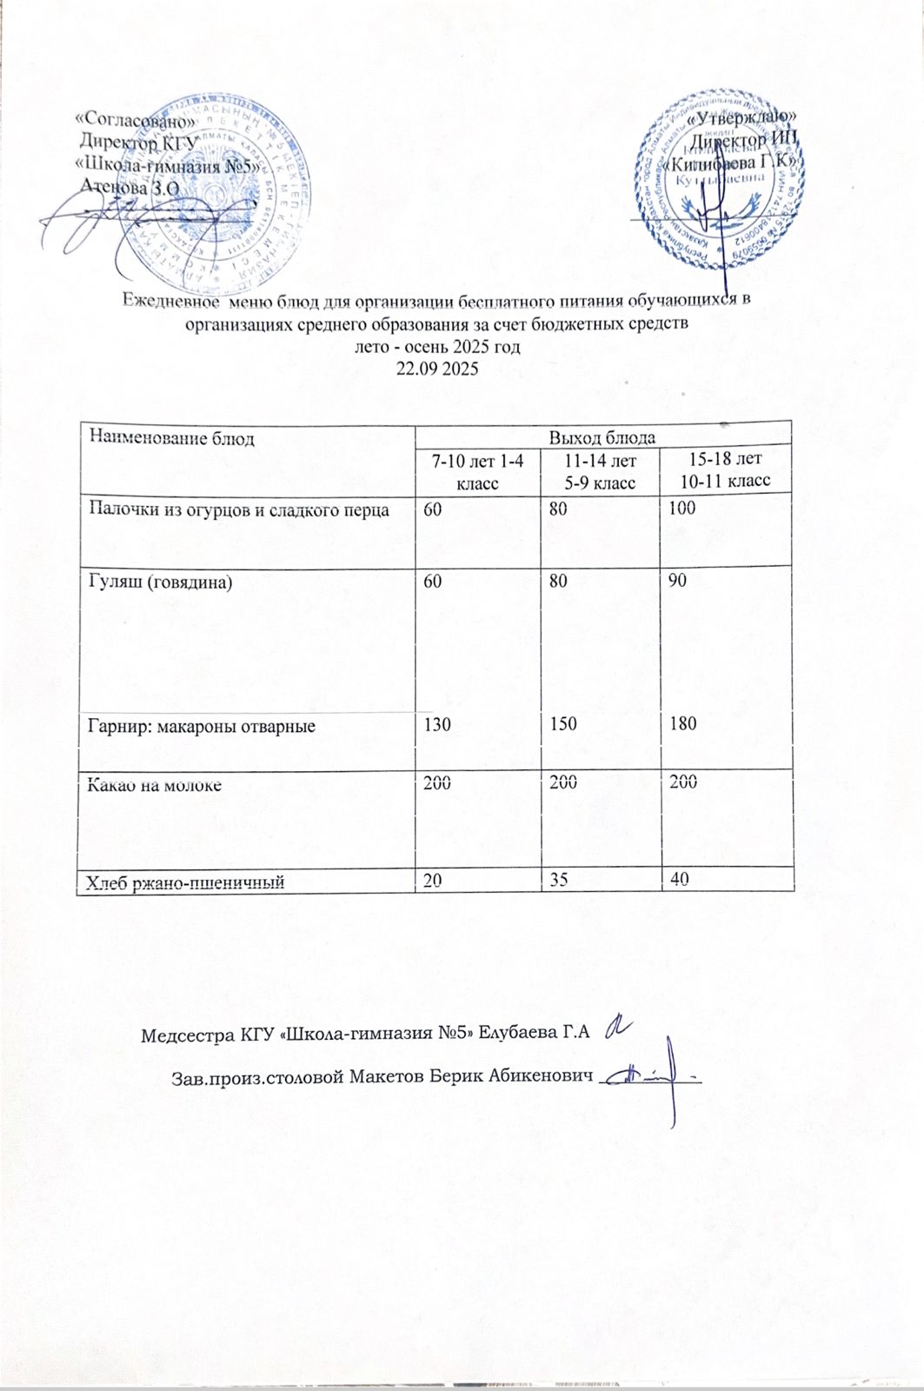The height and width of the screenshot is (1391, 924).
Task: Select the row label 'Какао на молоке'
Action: click(x=153, y=784)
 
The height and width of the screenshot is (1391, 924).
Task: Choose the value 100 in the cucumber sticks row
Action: click(x=682, y=509)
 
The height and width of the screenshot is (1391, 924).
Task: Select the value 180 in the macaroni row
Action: click(x=682, y=724)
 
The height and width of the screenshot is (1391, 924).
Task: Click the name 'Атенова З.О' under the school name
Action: click(x=129, y=183)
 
